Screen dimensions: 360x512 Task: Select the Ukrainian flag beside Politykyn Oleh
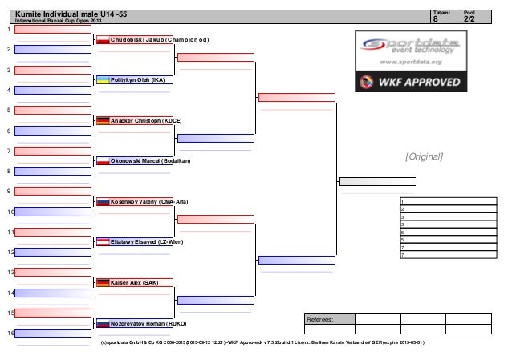[x=103, y=80]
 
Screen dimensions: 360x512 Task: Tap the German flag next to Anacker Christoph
[x=103, y=120]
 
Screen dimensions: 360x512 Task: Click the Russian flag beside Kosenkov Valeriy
[x=103, y=202]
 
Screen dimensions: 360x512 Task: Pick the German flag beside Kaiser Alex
[x=103, y=283]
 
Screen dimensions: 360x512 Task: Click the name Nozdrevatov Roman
[x=148, y=323]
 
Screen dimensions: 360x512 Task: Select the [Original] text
[x=425, y=156]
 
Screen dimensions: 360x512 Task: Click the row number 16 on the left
[x=10, y=333]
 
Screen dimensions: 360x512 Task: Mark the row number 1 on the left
[x=9, y=30]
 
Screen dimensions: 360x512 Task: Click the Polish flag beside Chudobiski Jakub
[x=103, y=39]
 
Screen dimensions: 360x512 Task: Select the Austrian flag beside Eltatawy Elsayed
[x=103, y=242]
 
